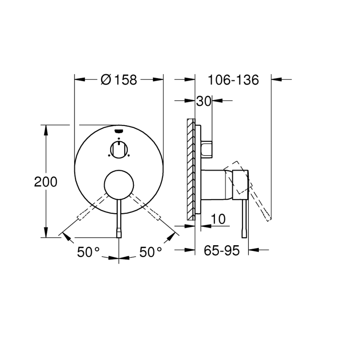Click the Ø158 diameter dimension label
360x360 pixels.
[x=119, y=80]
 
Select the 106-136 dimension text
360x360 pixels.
[x=233, y=80]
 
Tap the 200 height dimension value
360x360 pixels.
[x=46, y=182]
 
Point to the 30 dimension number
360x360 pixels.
[x=204, y=101]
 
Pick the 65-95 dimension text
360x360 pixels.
[x=221, y=251]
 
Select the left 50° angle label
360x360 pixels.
[x=88, y=252]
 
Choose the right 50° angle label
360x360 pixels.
[x=150, y=252]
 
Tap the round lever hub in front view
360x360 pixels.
[x=119, y=184]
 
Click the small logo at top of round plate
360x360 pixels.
[x=119, y=130]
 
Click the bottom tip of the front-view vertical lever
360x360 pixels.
[x=119, y=235]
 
